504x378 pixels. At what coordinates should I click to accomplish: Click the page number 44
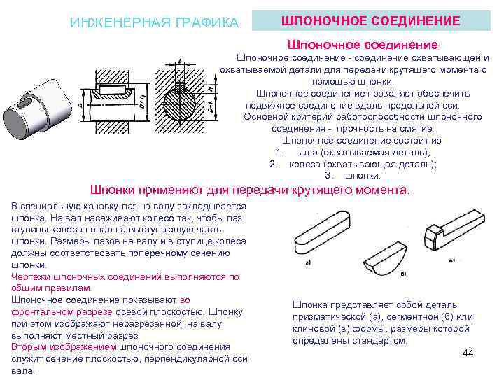pos(468,353)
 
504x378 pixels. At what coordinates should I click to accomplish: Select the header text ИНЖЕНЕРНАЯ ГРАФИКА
pos(154,22)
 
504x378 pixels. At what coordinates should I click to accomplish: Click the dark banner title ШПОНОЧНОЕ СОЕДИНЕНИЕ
pos(370,21)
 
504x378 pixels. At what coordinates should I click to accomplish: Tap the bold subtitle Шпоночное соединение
pos(363,44)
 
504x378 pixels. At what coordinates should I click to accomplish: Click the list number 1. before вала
pos(280,152)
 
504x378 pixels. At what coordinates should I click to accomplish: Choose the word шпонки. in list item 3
pos(363,175)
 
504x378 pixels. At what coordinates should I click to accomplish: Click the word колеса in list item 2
pos(305,164)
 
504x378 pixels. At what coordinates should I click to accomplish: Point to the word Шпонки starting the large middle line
pos(117,190)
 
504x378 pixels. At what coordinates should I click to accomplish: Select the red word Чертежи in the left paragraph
pos(30,276)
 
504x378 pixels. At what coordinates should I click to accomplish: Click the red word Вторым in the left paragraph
pos(29,347)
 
